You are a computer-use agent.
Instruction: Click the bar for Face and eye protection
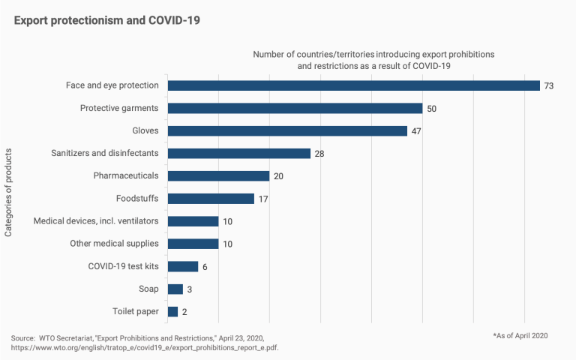click(353, 85)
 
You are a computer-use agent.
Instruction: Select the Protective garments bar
click(295, 108)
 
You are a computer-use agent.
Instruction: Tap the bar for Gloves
click(287, 130)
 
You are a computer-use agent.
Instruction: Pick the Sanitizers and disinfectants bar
click(238, 153)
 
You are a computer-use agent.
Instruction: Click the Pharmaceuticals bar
click(218, 176)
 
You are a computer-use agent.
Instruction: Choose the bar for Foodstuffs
click(211, 199)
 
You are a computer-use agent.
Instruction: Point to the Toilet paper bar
click(172, 312)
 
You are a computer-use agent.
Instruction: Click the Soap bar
click(175, 289)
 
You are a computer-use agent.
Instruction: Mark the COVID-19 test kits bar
click(183, 266)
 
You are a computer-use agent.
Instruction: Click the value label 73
click(549, 86)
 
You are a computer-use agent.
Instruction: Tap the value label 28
click(320, 154)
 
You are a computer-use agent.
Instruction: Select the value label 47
click(417, 131)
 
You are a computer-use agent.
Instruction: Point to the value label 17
click(263, 199)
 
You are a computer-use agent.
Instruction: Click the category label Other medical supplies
click(114, 244)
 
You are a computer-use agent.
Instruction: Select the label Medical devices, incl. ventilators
click(96, 221)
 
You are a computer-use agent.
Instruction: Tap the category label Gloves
click(145, 130)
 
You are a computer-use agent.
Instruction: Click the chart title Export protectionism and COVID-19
click(107, 19)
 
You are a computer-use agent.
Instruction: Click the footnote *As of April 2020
click(520, 335)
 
